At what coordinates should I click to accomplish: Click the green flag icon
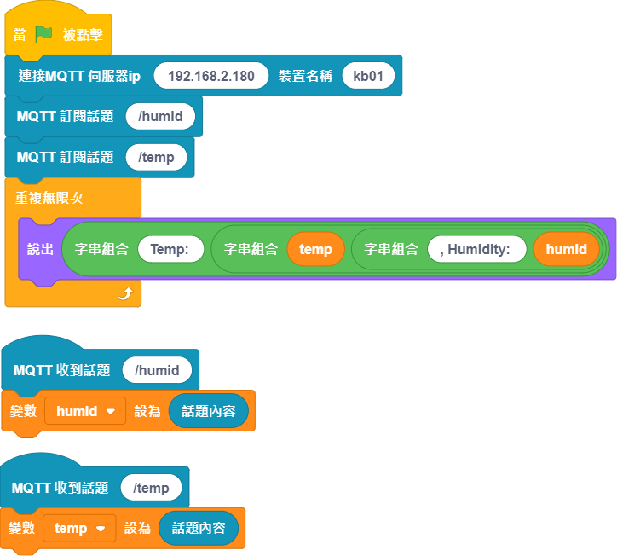(43, 34)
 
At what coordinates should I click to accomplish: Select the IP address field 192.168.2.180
(210, 76)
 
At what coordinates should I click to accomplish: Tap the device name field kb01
(368, 76)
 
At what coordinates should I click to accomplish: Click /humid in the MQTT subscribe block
(160, 116)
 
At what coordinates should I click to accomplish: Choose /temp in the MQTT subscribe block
(156, 157)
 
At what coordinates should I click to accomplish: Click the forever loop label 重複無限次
(49, 198)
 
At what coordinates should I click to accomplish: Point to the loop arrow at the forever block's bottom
(125, 293)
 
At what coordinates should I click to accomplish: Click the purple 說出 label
(40, 249)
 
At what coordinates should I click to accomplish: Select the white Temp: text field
(170, 249)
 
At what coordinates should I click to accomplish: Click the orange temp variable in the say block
(315, 249)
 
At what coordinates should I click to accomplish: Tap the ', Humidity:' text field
(477, 249)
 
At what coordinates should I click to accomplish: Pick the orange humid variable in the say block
(566, 249)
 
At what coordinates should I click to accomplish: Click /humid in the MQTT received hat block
(157, 370)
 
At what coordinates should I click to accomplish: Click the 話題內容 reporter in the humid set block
(209, 411)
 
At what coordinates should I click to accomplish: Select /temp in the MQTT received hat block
(151, 488)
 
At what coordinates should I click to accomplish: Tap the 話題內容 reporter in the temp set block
(199, 528)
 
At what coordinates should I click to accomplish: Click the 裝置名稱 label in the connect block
(305, 76)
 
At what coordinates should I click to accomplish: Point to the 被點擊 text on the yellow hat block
(83, 35)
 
